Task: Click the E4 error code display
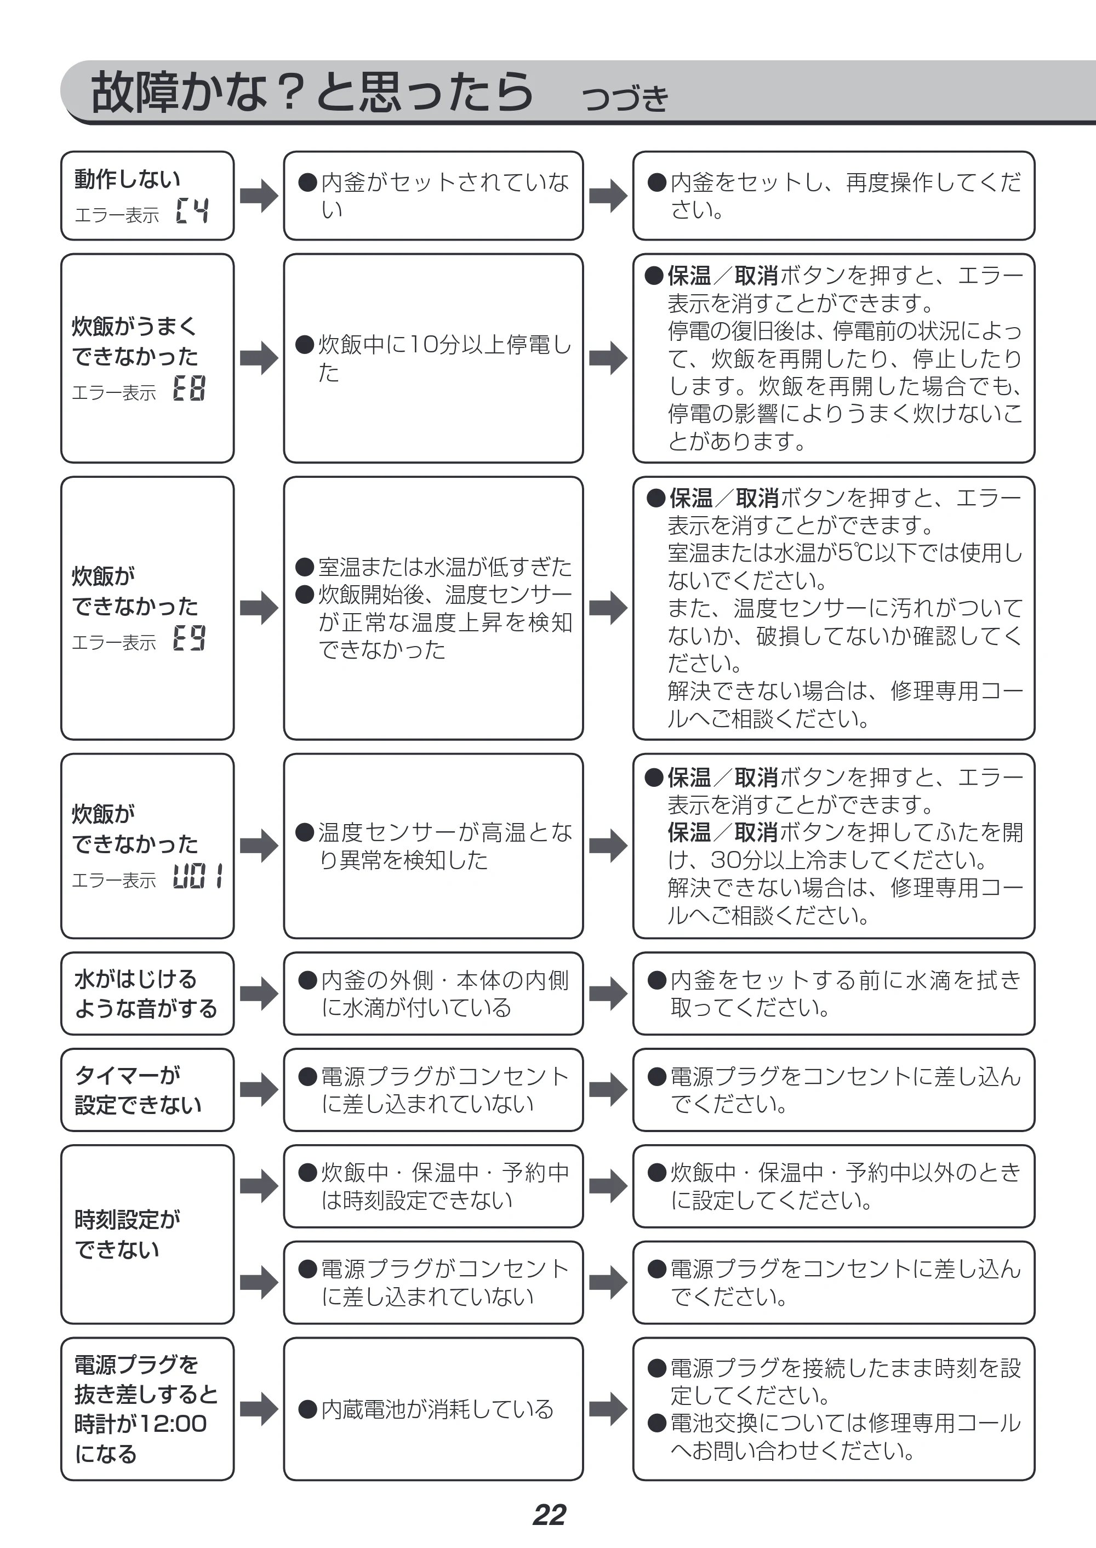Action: pyautogui.click(x=192, y=210)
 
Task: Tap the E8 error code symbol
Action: pyautogui.click(x=189, y=388)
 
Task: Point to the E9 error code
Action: pyautogui.click(x=189, y=638)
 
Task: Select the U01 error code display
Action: pyautogui.click(x=198, y=876)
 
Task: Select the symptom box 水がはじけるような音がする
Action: pyautogui.click(x=147, y=993)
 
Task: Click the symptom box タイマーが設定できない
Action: pyautogui.click(x=147, y=1090)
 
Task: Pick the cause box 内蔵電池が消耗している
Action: pyautogui.click(x=433, y=1409)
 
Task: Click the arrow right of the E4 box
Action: pyautogui.click(x=259, y=196)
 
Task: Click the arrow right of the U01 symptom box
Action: pyautogui.click(x=259, y=846)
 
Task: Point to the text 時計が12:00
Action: pyautogui.click(x=140, y=1424)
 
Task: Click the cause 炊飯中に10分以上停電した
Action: pyautogui.click(x=435, y=358)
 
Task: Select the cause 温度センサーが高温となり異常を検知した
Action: pyautogui.click(x=435, y=846)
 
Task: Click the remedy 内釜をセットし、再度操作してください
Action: pyautogui.click(x=835, y=196)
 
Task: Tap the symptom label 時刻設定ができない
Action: pyautogui.click(x=128, y=1234)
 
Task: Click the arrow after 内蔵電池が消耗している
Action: pyautogui.click(x=608, y=1409)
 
